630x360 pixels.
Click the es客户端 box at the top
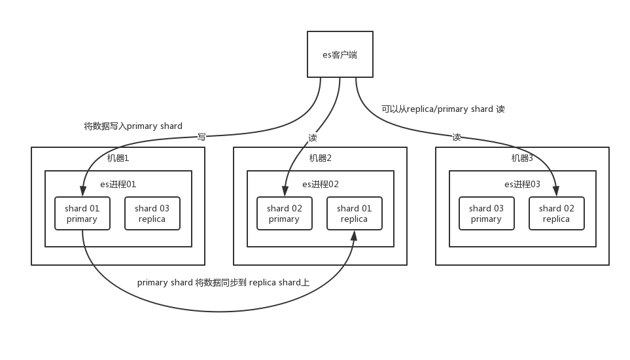tap(340, 54)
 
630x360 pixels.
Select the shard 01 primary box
tap(82, 213)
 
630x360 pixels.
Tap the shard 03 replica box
tap(152, 213)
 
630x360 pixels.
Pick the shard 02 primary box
tap(284, 213)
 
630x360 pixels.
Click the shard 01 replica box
tap(354, 213)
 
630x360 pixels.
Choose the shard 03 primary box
tap(486, 213)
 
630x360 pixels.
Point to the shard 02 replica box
tap(556, 213)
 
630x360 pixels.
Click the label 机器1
tap(118, 158)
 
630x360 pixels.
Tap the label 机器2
tap(321, 158)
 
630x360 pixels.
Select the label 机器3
tap(523, 158)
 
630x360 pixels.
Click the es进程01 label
tap(118, 185)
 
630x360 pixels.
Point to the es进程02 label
tap(321, 185)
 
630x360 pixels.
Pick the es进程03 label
tap(523, 185)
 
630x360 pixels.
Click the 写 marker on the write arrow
tap(202, 137)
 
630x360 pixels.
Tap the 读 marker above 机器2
tap(312, 137)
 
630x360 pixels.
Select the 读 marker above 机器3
tap(456, 137)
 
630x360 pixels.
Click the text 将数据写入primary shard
tap(133, 126)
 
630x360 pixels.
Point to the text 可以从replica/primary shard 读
tap(443, 109)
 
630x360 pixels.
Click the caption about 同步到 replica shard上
tap(223, 283)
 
